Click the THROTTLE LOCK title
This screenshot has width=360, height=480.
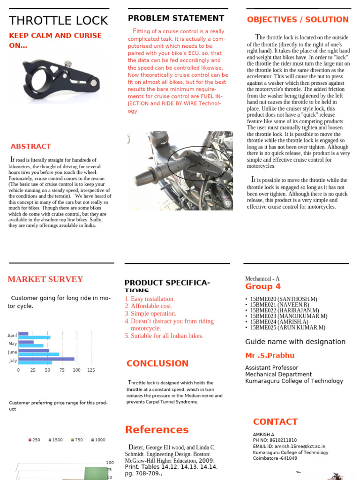click(x=59, y=21)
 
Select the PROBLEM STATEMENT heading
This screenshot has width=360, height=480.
click(x=176, y=18)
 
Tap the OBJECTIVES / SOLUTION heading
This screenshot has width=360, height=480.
click(x=298, y=20)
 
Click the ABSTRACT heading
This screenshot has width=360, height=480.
click(x=30, y=146)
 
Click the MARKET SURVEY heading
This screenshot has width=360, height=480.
click(x=45, y=279)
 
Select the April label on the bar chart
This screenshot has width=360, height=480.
click(x=12, y=335)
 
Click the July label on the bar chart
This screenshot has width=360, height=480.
click(x=13, y=360)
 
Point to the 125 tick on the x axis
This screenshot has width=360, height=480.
click(x=91, y=370)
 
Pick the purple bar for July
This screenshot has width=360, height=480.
click(x=46, y=359)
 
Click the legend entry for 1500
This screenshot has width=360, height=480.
click(x=55, y=440)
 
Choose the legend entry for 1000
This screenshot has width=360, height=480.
click(x=98, y=440)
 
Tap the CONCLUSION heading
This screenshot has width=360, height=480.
click(x=157, y=363)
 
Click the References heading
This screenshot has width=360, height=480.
click(x=157, y=429)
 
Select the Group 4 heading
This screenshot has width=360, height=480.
click(x=263, y=286)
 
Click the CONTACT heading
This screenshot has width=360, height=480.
click(x=275, y=421)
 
